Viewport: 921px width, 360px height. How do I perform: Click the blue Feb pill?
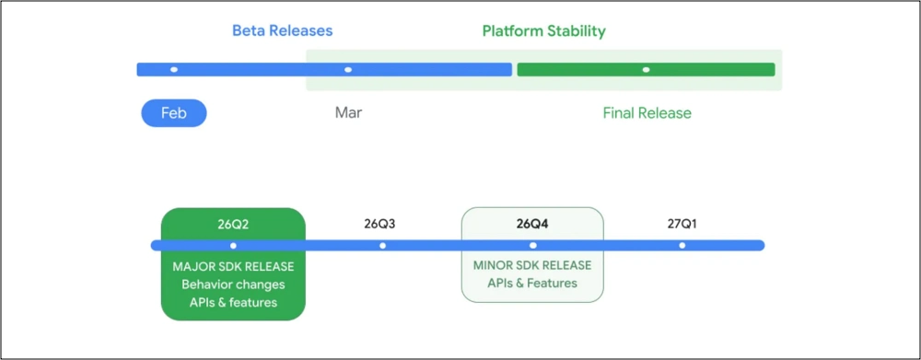[174, 112]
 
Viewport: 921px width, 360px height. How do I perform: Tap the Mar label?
[348, 112]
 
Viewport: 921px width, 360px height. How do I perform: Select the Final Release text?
[647, 112]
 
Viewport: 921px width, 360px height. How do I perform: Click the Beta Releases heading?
[283, 30]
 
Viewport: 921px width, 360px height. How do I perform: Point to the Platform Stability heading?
[543, 30]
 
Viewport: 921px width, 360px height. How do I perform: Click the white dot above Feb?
[174, 69]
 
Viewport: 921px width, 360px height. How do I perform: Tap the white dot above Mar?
[348, 69]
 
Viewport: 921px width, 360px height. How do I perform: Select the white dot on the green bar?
[647, 69]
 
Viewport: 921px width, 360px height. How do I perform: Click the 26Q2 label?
[233, 224]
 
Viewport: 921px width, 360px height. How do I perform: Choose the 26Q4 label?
[532, 224]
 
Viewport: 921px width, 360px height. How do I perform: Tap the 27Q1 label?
[682, 224]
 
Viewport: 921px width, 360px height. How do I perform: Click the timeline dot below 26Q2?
[233, 246]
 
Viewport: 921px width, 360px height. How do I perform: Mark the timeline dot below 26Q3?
[382, 246]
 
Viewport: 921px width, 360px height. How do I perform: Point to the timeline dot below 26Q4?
[532, 246]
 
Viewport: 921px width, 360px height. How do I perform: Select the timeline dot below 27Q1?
[682, 246]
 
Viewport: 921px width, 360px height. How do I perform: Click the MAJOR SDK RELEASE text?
[233, 267]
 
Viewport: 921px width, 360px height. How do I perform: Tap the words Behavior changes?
[233, 285]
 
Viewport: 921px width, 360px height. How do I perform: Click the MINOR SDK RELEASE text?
[532, 265]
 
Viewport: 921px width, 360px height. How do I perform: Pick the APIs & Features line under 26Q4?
[532, 283]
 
